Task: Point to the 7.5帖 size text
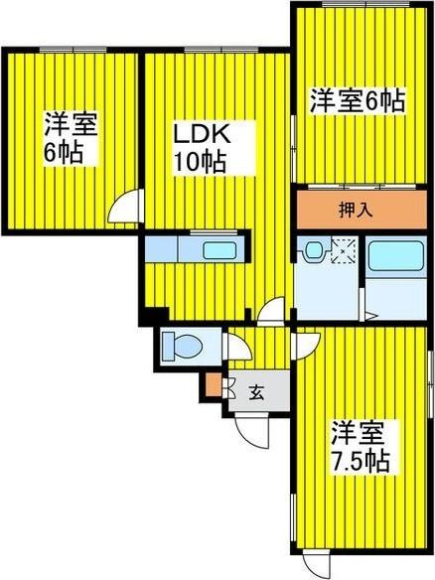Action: (x=361, y=462)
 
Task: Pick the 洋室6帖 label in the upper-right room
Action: (x=357, y=100)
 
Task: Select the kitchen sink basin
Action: (x=217, y=249)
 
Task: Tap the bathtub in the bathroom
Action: (x=396, y=260)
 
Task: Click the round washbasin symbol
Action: (x=314, y=251)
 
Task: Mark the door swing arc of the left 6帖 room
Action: (x=126, y=212)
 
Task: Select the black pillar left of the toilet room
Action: (x=148, y=318)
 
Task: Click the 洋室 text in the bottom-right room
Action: (x=357, y=434)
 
